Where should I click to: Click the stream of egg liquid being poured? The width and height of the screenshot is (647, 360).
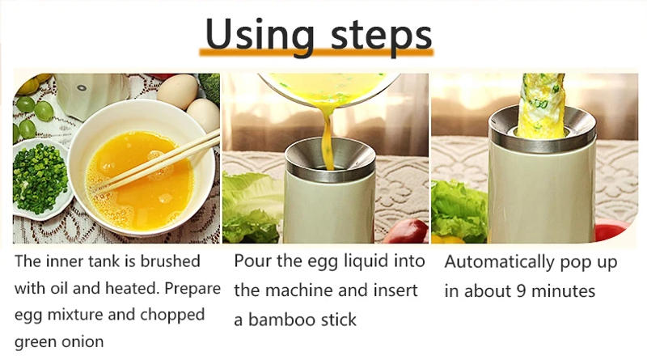click(x=327, y=138)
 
